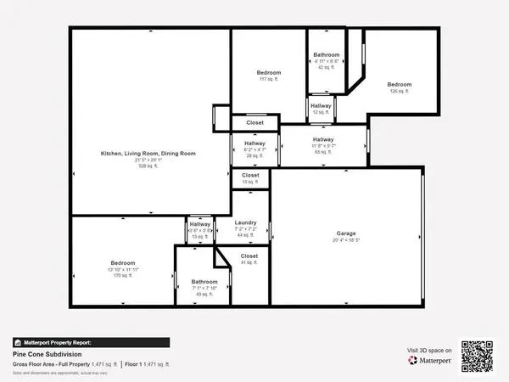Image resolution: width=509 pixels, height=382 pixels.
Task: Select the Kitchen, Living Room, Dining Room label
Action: click(148, 153)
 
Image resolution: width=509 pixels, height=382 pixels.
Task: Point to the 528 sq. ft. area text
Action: click(148, 166)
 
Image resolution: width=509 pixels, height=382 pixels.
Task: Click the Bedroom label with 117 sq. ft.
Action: click(268, 73)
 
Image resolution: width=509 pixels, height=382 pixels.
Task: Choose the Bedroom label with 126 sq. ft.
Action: click(400, 84)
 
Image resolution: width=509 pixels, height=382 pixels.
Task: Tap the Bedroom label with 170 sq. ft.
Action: click(124, 262)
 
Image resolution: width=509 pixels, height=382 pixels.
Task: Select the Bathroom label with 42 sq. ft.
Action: click(327, 54)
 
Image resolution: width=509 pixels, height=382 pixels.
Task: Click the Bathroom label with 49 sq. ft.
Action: click(204, 281)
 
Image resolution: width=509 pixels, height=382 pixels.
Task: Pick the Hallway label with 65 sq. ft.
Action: click(322, 139)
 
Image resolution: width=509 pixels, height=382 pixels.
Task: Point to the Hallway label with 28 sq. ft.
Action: click(255, 143)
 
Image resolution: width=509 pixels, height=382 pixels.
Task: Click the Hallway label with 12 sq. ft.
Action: click(321, 105)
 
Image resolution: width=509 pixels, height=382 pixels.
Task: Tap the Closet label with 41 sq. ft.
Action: click(249, 256)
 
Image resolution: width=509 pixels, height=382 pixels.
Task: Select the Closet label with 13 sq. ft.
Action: click(250, 175)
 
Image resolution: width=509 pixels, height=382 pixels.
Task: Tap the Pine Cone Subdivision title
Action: click(41, 354)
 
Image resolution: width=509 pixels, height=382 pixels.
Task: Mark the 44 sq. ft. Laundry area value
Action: click(245, 234)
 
